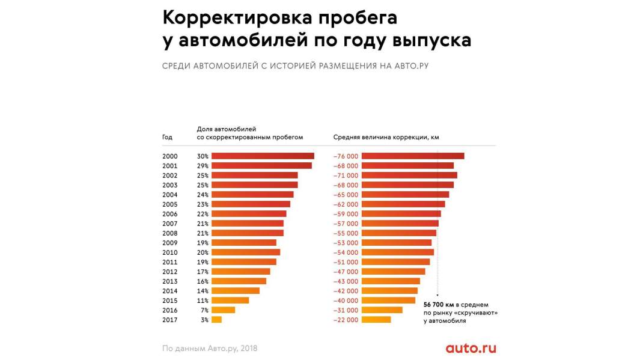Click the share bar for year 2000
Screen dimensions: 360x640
click(263, 156)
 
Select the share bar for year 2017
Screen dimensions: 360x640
click(216, 320)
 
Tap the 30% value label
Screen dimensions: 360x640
click(203, 156)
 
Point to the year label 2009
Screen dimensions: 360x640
click(169, 243)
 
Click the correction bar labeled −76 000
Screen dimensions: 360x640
click(413, 156)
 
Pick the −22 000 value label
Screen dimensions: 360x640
click(346, 320)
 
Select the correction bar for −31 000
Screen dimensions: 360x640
click(382, 310)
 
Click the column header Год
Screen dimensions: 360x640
click(167, 137)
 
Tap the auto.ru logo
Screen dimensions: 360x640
click(471, 348)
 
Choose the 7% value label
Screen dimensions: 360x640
click(204, 310)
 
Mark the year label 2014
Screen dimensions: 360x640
click(169, 291)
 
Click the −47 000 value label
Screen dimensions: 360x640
click(346, 272)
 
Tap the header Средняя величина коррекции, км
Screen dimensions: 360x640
click(386, 137)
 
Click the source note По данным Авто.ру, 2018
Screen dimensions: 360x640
click(210, 348)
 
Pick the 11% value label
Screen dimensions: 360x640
click(203, 301)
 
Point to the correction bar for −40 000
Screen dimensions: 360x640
click(388, 301)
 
